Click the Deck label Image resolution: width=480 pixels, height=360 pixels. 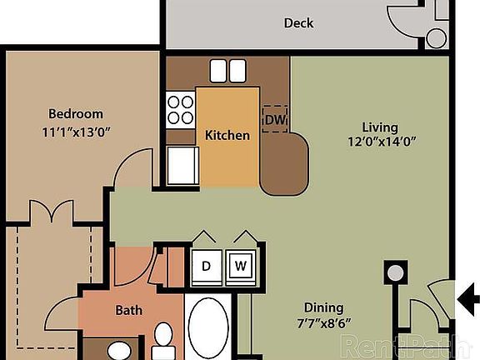pos(298,22)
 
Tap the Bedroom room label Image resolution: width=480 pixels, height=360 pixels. pos(75,114)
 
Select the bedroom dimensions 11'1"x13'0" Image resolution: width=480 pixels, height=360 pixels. pos(75,131)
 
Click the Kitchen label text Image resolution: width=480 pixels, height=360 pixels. pos(227,134)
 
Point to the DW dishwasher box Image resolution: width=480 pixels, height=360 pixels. pos(274,119)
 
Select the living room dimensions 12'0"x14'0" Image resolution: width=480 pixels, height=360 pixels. pos(382,141)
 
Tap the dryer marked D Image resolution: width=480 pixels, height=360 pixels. pos(206,266)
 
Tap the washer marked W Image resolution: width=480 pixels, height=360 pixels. pos(240,266)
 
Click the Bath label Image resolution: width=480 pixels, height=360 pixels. pos(128,310)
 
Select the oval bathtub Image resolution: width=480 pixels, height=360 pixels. pos(207,330)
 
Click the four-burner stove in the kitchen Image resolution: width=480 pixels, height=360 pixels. pos(180,110)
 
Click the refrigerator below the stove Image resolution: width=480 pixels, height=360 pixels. pos(182,165)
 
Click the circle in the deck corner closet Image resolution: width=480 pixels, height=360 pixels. pos(436,37)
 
